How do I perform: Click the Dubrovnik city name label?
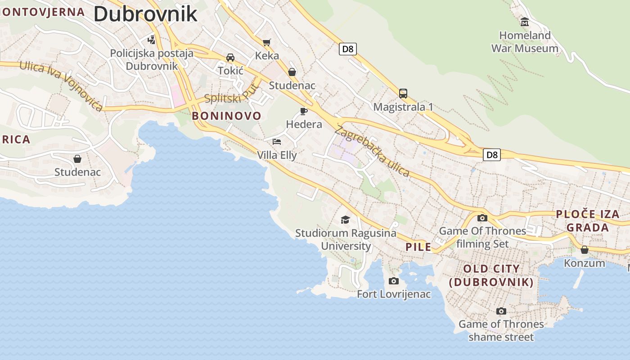click(145, 13)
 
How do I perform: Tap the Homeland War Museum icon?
click(524, 22)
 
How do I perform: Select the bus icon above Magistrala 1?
click(403, 94)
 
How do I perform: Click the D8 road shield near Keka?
click(347, 49)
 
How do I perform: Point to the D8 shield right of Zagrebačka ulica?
click(492, 155)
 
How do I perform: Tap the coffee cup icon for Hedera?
click(304, 111)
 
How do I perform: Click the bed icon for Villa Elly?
click(277, 142)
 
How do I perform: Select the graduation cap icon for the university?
click(345, 220)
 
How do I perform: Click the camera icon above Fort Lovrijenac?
click(393, 281)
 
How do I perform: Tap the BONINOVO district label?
click(226, 116)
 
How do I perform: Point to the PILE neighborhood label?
click(418, 247)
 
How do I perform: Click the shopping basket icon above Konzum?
click(584, 250)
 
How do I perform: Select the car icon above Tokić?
click(230, 57)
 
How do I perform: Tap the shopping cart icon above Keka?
click(267, 42)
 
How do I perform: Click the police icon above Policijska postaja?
click(152, 40)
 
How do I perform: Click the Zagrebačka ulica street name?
click(372, 151)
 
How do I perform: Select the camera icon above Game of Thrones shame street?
click(501, 311)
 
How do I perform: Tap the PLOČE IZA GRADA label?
click(588, 220)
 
